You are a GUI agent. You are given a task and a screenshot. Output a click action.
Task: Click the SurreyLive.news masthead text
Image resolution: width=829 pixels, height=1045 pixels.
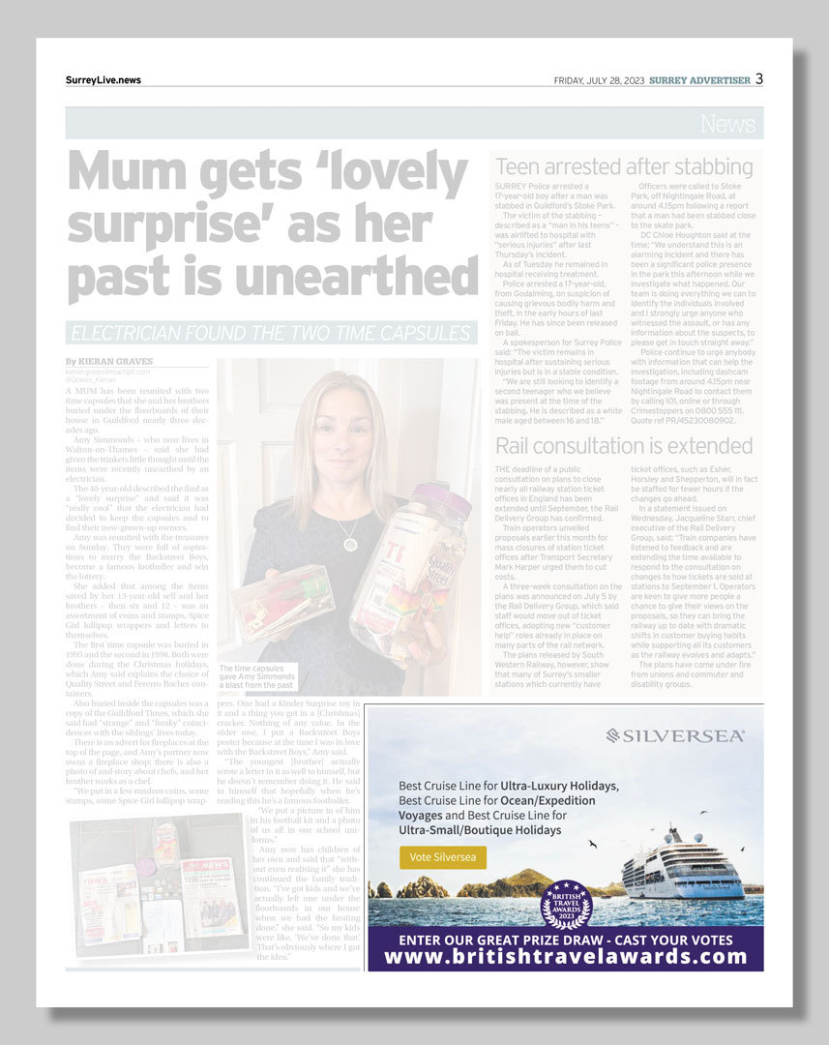point(104,80)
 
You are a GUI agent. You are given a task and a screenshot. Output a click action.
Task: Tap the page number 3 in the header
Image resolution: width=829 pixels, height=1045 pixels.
point(759,79)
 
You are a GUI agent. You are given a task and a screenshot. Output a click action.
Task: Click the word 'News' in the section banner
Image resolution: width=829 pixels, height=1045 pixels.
point(728,124)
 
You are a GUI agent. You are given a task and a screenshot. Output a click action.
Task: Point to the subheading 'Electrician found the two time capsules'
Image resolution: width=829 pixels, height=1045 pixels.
point(271,334)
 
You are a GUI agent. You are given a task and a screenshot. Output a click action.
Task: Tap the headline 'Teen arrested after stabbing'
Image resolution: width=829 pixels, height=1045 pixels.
point(624,166)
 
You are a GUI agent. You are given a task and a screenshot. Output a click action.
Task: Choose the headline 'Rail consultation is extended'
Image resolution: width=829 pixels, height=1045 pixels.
point(624,446)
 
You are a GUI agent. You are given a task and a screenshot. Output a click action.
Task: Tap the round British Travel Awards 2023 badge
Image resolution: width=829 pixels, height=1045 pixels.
point(565,904)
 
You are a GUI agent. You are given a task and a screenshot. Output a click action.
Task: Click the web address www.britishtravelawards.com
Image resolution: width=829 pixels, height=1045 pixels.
point(566,957)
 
